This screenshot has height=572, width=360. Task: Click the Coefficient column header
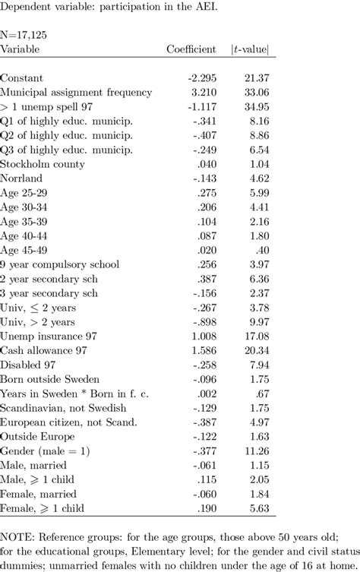pyautogui.click(x=191, y=49)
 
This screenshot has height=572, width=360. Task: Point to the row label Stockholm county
pyautogui.click(x=43, y=165)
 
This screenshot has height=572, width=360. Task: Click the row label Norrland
pyautogui.click(x=22, y=179)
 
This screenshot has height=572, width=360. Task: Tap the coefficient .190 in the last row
pyautogui.click(x=205, y=508)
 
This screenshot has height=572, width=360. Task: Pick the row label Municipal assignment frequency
pyautogui.click(x=77, y=93)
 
